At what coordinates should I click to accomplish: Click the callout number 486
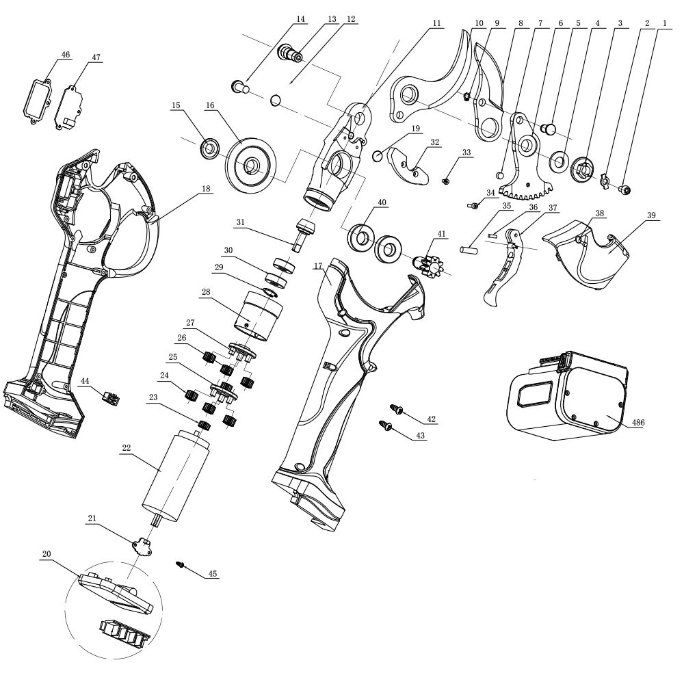pyautogui.click(x=637, y=423)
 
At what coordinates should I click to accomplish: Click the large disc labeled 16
pyautogui.click(x=252, y=165)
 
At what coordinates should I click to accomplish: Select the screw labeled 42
pyautogui.click(x=397, y=409)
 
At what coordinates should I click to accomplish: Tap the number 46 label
pyautogui.click(x=66, y=55)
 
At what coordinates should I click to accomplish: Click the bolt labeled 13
pyautogui.click(x=291, y=52)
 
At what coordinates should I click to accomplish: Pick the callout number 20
pyautogui.click(x=46, y=553)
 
